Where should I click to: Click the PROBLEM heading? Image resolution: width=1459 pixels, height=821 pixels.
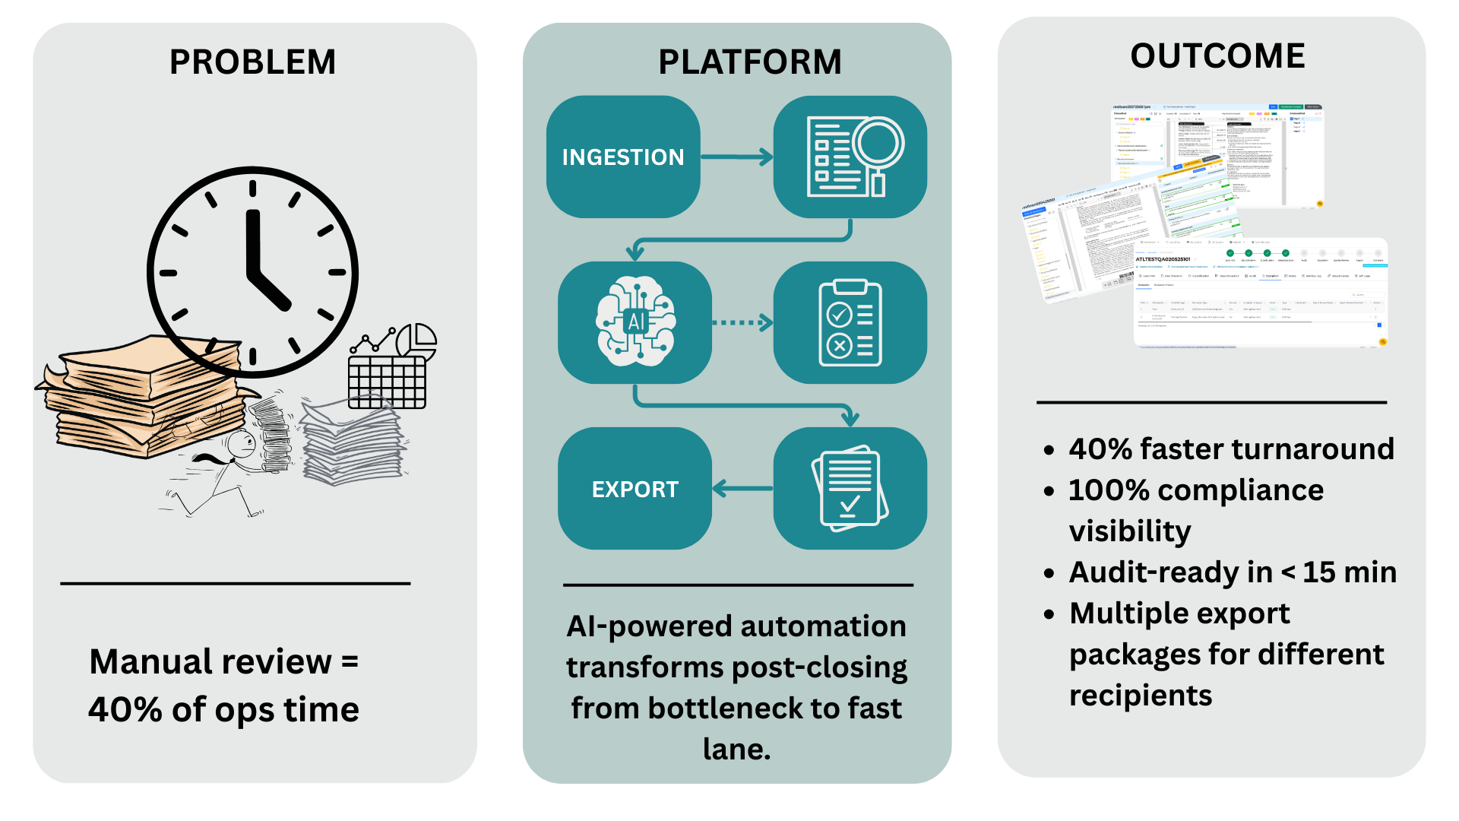pyautogui.click(x=252, y=62)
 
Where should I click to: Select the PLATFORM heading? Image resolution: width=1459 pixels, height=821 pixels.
pyautogui.click(x=749, y=62)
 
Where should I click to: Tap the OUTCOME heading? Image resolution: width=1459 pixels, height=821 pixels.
pyautogui.click(x=1217, y=56)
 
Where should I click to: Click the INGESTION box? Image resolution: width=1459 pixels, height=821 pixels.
pyautogui.click(x=622, y=157)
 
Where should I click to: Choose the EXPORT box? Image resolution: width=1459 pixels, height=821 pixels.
pyautogui.click(x=635, y=489)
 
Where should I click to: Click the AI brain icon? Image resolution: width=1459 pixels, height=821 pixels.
pyautogui.click(x=635, y=322)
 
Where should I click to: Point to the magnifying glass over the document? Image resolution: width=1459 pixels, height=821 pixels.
pyautogui.click(x=878, y=144)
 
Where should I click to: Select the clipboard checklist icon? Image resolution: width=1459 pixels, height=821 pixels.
pyautogui.click(x=850, y=323)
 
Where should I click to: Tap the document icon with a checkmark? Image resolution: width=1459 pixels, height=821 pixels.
pyautogui.click(x=850, y=488)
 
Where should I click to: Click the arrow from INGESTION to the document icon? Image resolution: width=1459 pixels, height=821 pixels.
pyautogui.click(x=736, y=157)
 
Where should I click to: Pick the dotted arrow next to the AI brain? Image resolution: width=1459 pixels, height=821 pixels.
pyautogui.click(x=742, y=322)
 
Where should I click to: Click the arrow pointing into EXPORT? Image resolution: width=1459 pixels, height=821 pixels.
pyautogui.click(x=742, y=489)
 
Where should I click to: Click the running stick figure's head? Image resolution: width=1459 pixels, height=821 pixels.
pyautogui.click(x=242, y=442)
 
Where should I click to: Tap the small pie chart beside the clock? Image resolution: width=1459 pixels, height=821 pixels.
pyautogui.click(x=416, y=341)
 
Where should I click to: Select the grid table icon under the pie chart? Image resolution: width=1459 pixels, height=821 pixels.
pyautogui.click(x=387, y=381)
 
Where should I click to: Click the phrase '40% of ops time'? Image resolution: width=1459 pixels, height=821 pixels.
pyautogui.click(x=223, y=710)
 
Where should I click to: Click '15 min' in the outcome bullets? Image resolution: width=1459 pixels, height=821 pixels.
pyautogui.click(x=1350, y=572)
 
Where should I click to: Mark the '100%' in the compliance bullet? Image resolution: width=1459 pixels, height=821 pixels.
pyautogui.click(x=1109, y=490)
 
